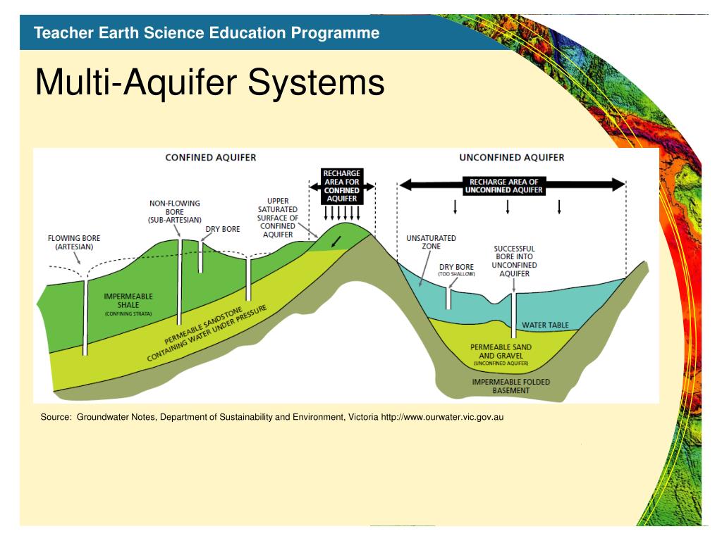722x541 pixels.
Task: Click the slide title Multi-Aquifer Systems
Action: point(209,83)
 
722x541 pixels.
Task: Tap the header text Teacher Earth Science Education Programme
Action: point(207,32)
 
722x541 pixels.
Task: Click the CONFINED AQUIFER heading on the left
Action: point(210,157)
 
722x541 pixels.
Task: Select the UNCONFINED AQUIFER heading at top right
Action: point(512,157)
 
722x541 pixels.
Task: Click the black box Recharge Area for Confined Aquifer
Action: point(341,186)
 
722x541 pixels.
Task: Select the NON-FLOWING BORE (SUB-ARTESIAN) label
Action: point(175,211)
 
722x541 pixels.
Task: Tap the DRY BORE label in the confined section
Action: point(223,229)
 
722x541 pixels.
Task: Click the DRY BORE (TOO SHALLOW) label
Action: point(456,270)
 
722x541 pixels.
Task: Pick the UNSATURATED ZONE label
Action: point(431,242)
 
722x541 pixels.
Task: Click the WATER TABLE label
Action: point(545,325)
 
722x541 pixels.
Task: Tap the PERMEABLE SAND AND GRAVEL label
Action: point(501,352)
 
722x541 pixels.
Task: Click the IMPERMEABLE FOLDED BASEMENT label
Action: point(511,385)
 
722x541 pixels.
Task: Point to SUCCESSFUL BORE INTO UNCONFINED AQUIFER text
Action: point(515,261)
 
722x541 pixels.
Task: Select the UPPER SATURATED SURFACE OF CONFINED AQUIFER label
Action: point(278,218)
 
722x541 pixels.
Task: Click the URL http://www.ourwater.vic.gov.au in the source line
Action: point(442,417)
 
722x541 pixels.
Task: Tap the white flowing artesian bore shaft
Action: point(85,317)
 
